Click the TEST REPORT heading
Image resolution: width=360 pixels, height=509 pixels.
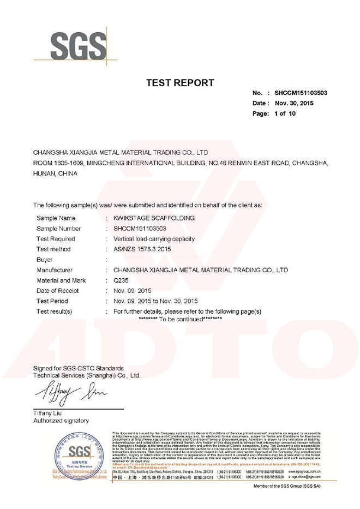point(181,83)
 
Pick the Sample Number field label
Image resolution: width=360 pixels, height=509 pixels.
point(58,228)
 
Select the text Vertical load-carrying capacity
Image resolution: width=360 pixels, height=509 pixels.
point(153,238)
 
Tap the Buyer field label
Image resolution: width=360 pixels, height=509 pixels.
point(45,259)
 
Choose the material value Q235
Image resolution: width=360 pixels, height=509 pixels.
point(119,280)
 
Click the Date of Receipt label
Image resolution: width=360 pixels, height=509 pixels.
point(58,290)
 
